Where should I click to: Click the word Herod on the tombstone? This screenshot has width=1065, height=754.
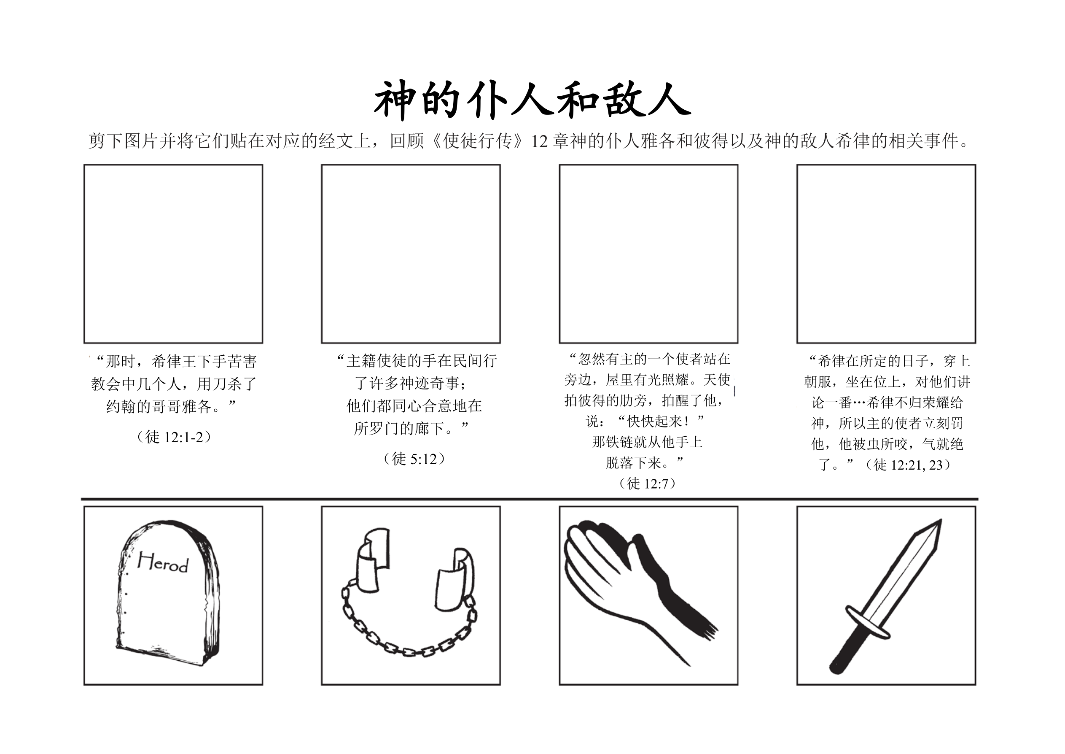coord(163,562)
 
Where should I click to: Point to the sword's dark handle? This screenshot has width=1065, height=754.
coord(848,651)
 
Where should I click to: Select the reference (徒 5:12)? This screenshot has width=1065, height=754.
coord(414,459)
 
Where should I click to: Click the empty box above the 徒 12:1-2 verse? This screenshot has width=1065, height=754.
coord(173,254)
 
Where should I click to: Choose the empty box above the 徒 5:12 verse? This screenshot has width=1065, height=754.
coord(411,254)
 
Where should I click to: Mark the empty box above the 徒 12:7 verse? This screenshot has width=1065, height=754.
coord(648,254)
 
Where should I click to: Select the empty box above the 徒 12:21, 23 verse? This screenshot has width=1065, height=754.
coord(886,254)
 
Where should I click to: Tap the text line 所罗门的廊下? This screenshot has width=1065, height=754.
coord(411,428)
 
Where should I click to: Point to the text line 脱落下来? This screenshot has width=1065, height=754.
coord(645,462)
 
